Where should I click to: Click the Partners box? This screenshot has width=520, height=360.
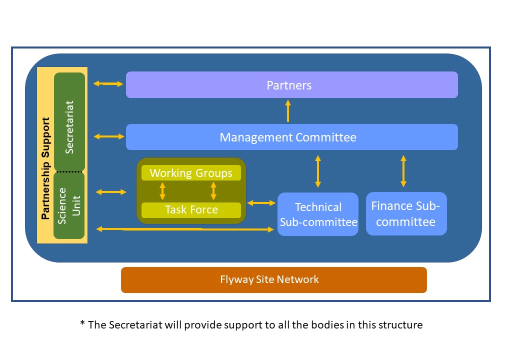291,84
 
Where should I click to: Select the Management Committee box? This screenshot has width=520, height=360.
291,137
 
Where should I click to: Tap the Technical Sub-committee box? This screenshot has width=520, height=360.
318,214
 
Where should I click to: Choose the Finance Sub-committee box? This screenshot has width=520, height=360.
406,213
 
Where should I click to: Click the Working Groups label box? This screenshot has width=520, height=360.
191,173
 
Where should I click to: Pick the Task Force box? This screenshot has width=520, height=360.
191,209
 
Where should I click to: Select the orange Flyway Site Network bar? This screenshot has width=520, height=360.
273,279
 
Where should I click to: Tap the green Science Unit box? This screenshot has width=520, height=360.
69,205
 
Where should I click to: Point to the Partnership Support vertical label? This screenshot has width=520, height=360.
45,168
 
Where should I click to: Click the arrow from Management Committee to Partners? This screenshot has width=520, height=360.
288,111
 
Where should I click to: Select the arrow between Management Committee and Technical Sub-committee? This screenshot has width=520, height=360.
318,171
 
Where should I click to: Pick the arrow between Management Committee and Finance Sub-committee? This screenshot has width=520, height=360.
403,171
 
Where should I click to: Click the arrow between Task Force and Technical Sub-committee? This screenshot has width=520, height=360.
261,202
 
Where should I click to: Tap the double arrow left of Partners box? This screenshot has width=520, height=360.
108,84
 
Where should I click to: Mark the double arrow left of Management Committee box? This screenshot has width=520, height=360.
108,136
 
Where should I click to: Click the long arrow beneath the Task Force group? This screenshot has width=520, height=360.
185,229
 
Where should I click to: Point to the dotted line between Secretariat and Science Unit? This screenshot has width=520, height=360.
69,171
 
